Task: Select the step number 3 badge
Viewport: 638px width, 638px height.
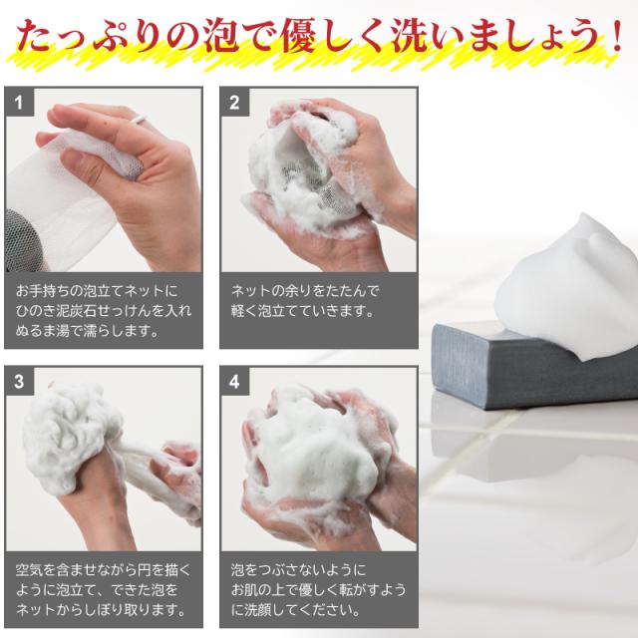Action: pyautogui.click(x=20, y=381)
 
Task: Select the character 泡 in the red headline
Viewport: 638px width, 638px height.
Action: pyautogui.click(x=236, y=37)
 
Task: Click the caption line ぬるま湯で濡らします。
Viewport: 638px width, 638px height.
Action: pyautogui.click(x=88, y=330)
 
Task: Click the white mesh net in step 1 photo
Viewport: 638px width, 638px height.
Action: pyautogui.click(x=60, y=189)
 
